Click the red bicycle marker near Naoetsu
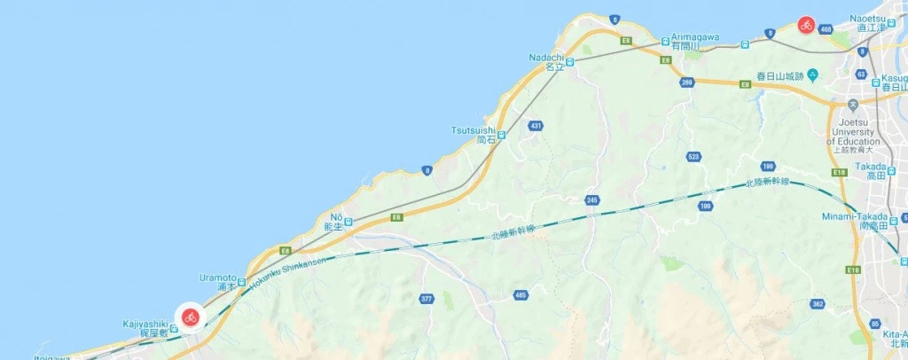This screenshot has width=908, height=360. (x=806, y=25)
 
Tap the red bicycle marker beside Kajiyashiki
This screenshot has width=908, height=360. (x=191, y=317)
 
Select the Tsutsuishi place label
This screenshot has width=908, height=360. (x=474, y=130)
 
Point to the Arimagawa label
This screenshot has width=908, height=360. (x=694, y=36)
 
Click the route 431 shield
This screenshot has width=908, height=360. (x=535, y=127)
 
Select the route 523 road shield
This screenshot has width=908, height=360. (x=693, y=156)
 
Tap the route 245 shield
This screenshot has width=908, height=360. (x=592, y=200)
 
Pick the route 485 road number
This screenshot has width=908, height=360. (x=521, y=293)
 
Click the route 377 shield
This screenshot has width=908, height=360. (x=427, y=299)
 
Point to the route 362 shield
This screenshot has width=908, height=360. (x=817, y=304)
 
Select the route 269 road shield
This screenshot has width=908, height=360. (x=687, y=82)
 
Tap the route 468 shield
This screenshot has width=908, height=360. (x=826, y=30)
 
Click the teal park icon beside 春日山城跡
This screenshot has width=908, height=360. (x=812, y=75)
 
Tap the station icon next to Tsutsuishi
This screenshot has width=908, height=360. (x=502, y=135)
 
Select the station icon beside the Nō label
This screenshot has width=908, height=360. (x=348, y=222)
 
